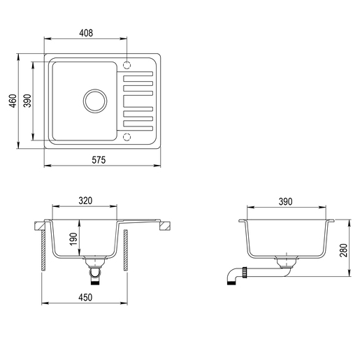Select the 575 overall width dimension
click(99, 159)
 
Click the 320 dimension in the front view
click(85, 201)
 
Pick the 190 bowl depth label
click(73, 239)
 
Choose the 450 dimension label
click(85, 297)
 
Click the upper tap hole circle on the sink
click(127, 65)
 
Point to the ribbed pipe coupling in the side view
click(245, 271)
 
